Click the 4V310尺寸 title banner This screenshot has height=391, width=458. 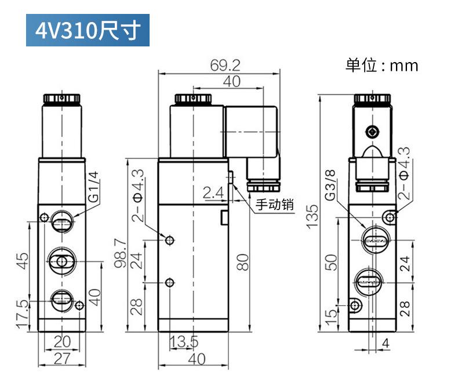tap(88, 30)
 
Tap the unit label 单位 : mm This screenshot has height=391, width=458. tap(381, 65)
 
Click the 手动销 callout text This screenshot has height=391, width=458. tap(275, 204)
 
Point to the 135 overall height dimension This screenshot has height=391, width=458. tap(312, 216)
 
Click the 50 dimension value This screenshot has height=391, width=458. tap(330, 262)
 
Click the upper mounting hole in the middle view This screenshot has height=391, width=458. tap(169, 240)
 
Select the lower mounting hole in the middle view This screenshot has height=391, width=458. tap(169, 283)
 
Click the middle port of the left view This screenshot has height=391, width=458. tap(61, 262)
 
